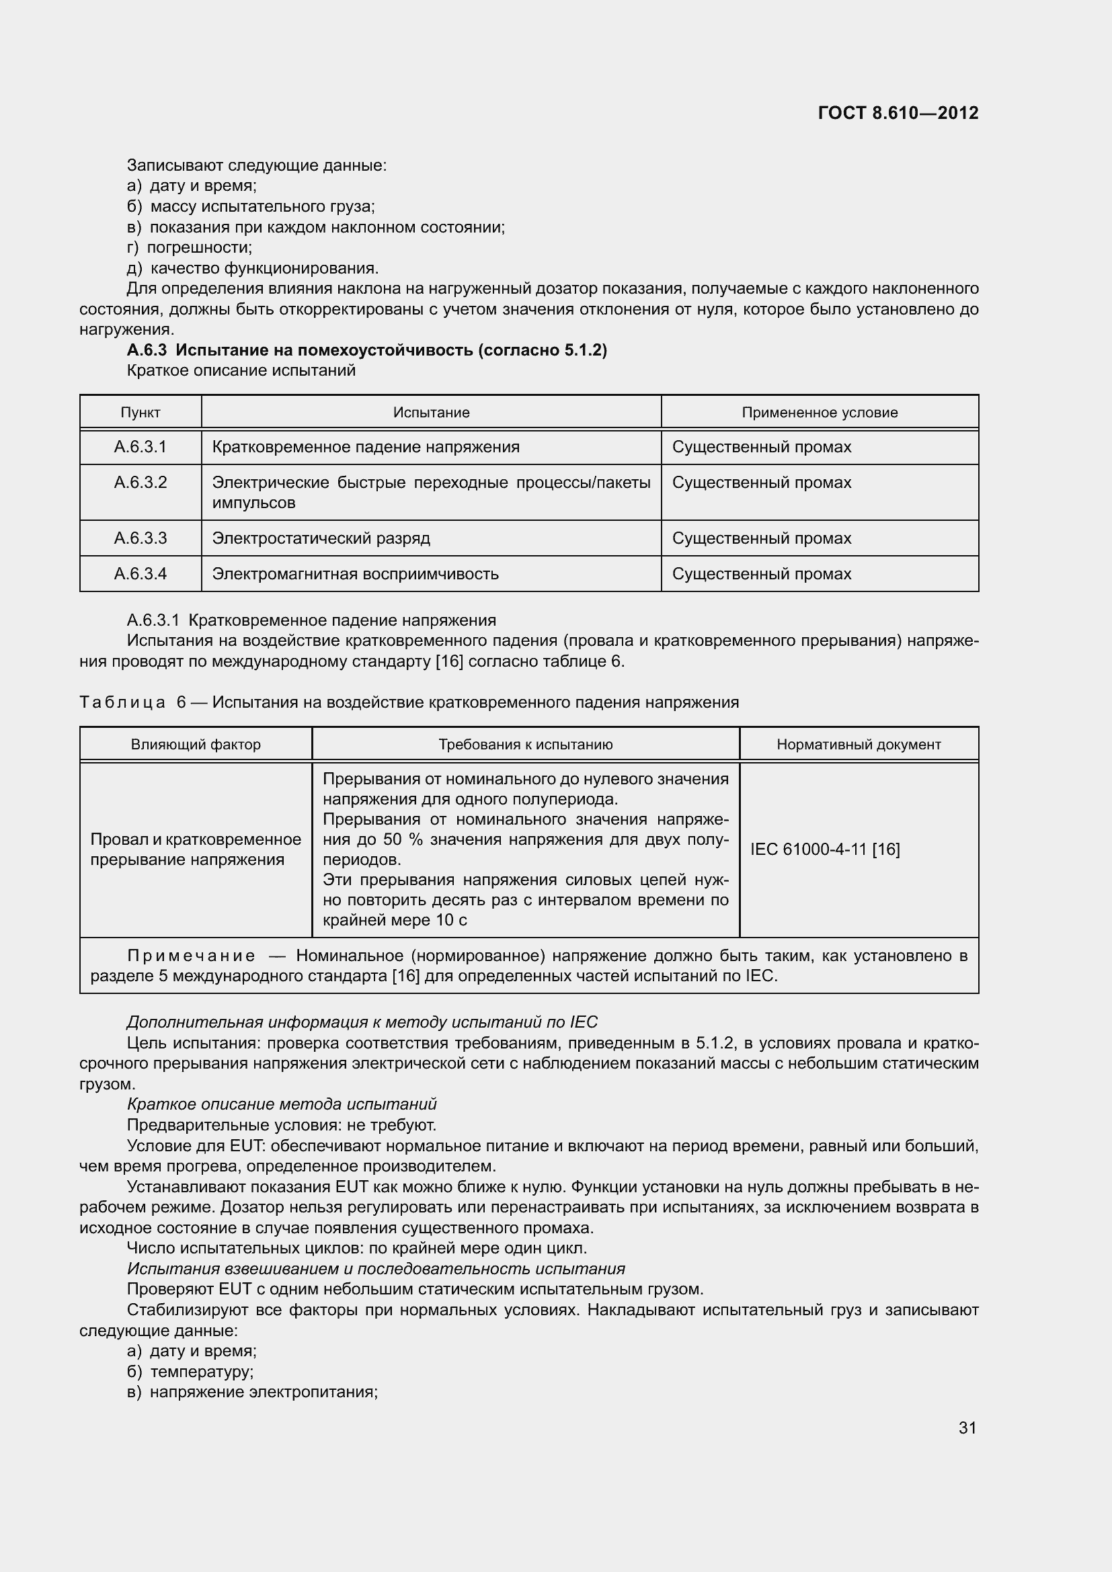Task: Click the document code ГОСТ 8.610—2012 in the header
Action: tap(898, 113)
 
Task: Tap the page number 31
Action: tap(967, 1428)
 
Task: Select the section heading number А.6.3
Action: tap(147, 351)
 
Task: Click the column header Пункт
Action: tap(141, 413)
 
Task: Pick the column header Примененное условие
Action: tap(819, 413)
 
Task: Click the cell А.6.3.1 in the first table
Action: tap(141, 447)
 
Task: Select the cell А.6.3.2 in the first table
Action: tap(141, 483)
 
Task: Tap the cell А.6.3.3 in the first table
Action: tap(141, 538)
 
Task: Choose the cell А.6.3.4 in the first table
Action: tap(141, 574)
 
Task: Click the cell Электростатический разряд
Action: tap(321, 538)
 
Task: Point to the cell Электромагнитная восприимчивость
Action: tap(356, 574)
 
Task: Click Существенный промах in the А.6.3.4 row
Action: tap(762, 574)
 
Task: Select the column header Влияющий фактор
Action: tap(196, 744)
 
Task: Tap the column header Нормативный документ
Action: tap(859, 744)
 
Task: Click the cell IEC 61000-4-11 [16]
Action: tap(825, 849)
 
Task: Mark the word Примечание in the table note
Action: tap(192, 956)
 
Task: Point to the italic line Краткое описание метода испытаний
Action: tap(282, 1104)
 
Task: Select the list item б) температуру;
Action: tap(190, 1372)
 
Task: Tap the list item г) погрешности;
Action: tap(190, 247)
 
